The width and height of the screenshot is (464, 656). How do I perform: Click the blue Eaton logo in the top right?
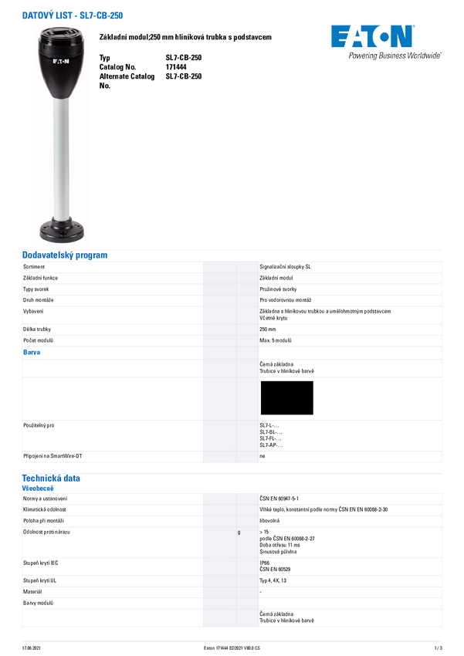click(x=373, y=37)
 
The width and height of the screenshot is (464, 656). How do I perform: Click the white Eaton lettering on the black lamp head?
click(x=61, y=59)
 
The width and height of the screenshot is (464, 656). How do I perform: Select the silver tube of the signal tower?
click(x=61, y=154)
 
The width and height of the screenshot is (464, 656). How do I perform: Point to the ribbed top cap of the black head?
click(x=61, y=34)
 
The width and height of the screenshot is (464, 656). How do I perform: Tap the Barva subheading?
click(x=32, y=352)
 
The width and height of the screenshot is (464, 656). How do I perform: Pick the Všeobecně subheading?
click(x=38, y=489)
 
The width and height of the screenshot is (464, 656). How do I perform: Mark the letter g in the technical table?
click(x=239, y=533)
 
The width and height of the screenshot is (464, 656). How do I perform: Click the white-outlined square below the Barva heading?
click(x=287, y=397)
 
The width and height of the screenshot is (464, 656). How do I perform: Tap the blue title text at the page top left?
click(x=73, y=15)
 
